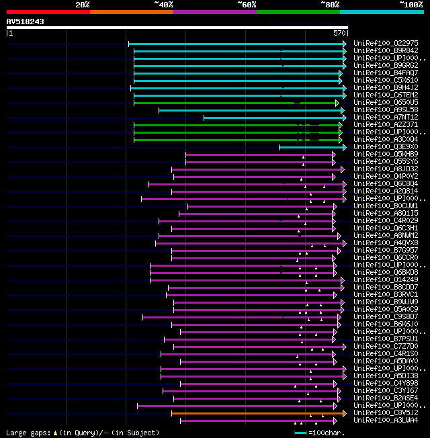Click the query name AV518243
click(26, 21)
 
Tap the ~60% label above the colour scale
click(247, 4)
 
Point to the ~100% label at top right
click(411, 4)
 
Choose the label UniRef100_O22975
click(386, 43)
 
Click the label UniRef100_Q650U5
click(386, 103)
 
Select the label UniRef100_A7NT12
click(386, 118)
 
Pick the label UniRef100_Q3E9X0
click(386, 147)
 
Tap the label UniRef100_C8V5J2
click(386, 413)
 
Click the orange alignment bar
click(255, 413)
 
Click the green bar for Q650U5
click(235, 103)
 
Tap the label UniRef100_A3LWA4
click(386, 421)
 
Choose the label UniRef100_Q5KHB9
click(386, 155)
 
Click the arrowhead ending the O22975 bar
click(345, 44)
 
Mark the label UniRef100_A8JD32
click(386, 169)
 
